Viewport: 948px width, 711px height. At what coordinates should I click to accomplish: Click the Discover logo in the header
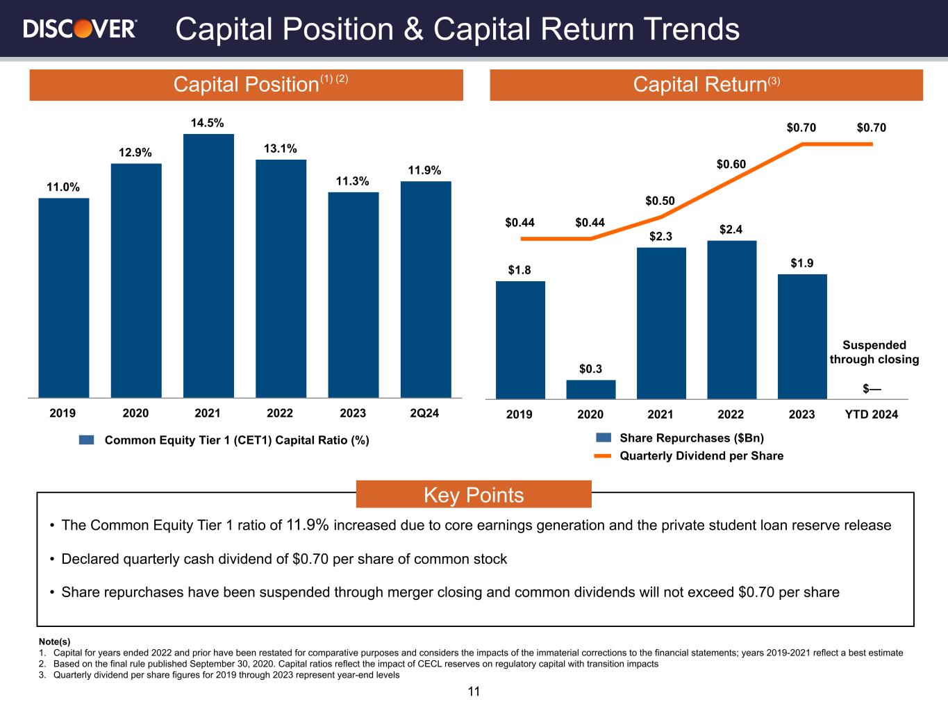pyautogui.click(x=80, y=29)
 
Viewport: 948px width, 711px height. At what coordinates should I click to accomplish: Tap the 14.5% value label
pyautogui.click(x=208, y=123)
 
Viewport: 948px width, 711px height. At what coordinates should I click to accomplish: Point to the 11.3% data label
pyautogui.click(x=353, y=181)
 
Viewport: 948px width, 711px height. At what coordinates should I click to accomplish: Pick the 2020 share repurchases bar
pyautogui.click(x=590, y=390)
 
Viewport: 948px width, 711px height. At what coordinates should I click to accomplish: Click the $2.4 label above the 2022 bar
pyautogui.click(x=731, y=229)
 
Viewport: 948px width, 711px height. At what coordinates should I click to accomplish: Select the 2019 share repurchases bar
pyautogui.click(x=520, y=340)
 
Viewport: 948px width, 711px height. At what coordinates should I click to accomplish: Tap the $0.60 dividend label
pyautogui.click(x=731, y=165)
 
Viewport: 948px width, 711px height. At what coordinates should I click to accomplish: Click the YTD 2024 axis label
pyautogui.click(x=871, y=415)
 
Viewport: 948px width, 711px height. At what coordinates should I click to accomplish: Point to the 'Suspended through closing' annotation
pyautogui.click(x=874, y=352)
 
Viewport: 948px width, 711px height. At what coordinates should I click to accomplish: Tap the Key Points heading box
pyautogui.click(x=474, y=495)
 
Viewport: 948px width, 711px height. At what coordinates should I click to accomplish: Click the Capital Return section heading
pyautogui.click(x=706, y=85)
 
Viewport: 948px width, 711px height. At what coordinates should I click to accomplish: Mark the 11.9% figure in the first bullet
pyautogui.click(x=307, y=525)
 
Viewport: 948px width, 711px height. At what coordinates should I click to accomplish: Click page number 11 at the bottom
pyautogui.click(x=474, y=692)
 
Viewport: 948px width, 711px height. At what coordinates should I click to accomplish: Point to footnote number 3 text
pyautogui.click(x=219, y=675)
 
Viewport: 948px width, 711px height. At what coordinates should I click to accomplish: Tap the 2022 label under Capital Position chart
pyautogui.click(x=280, y=413)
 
